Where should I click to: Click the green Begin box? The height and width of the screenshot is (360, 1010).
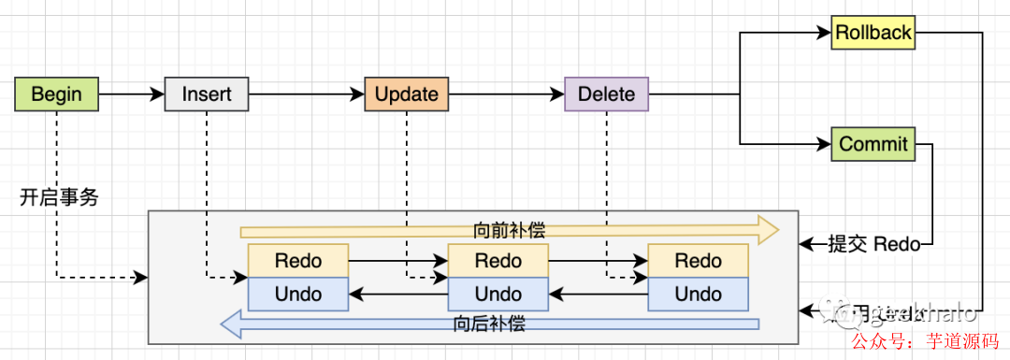[56, 94]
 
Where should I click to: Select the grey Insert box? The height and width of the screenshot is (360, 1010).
[207, 94]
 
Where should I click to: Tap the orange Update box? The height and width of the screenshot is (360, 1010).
[406, 94]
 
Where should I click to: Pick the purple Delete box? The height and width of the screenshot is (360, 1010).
[606, 94]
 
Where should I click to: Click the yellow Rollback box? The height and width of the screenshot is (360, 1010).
[873, 33]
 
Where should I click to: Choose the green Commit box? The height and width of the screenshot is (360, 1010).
[873, 144]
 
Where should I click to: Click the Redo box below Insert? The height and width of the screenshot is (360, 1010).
[297, 261]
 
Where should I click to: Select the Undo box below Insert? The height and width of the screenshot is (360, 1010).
[297, 295]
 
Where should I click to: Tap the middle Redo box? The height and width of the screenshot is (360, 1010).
[498, 261]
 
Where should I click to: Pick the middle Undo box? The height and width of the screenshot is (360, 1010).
[498, 295]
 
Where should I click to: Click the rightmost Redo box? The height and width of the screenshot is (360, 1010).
[698, 261]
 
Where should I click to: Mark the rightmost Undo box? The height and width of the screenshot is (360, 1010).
[698, 295]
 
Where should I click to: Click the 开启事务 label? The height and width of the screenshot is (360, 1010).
[58, 197]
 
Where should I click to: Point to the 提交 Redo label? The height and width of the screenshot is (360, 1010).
[873, 245]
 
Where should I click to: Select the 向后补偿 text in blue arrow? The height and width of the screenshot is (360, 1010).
[488, 324]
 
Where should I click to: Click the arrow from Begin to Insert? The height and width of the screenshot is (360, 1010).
[131, 94]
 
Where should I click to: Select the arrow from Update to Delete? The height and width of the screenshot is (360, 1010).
[506, 94]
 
